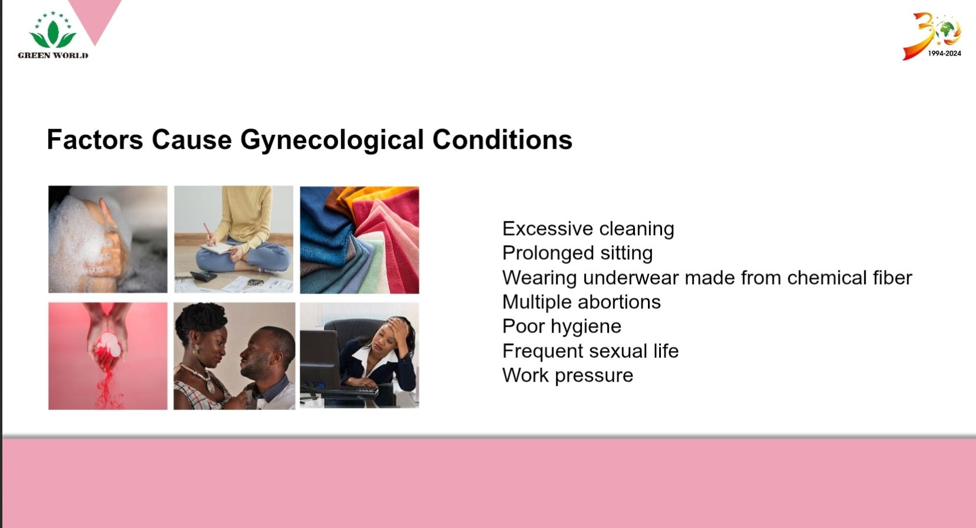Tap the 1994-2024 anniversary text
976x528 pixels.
click(944, 53)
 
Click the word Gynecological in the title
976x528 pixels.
click(332, 140)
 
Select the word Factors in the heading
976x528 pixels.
click(95, 140)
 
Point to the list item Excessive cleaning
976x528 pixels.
click(588, 229)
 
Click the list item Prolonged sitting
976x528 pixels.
click(578, 253)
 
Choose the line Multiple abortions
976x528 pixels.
click(582, 302)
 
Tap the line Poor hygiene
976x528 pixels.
click(562, 327)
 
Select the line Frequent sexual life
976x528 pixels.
click(591, 351)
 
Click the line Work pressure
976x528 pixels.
click(568, 376)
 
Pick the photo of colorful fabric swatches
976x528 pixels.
click(359, 240)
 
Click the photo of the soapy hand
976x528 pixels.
click(107, 239)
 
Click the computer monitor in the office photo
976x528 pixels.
click(320, 360)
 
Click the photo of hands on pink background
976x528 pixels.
click(107, 356)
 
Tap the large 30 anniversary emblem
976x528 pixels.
click(931, 35)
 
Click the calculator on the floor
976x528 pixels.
click(204, 276)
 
